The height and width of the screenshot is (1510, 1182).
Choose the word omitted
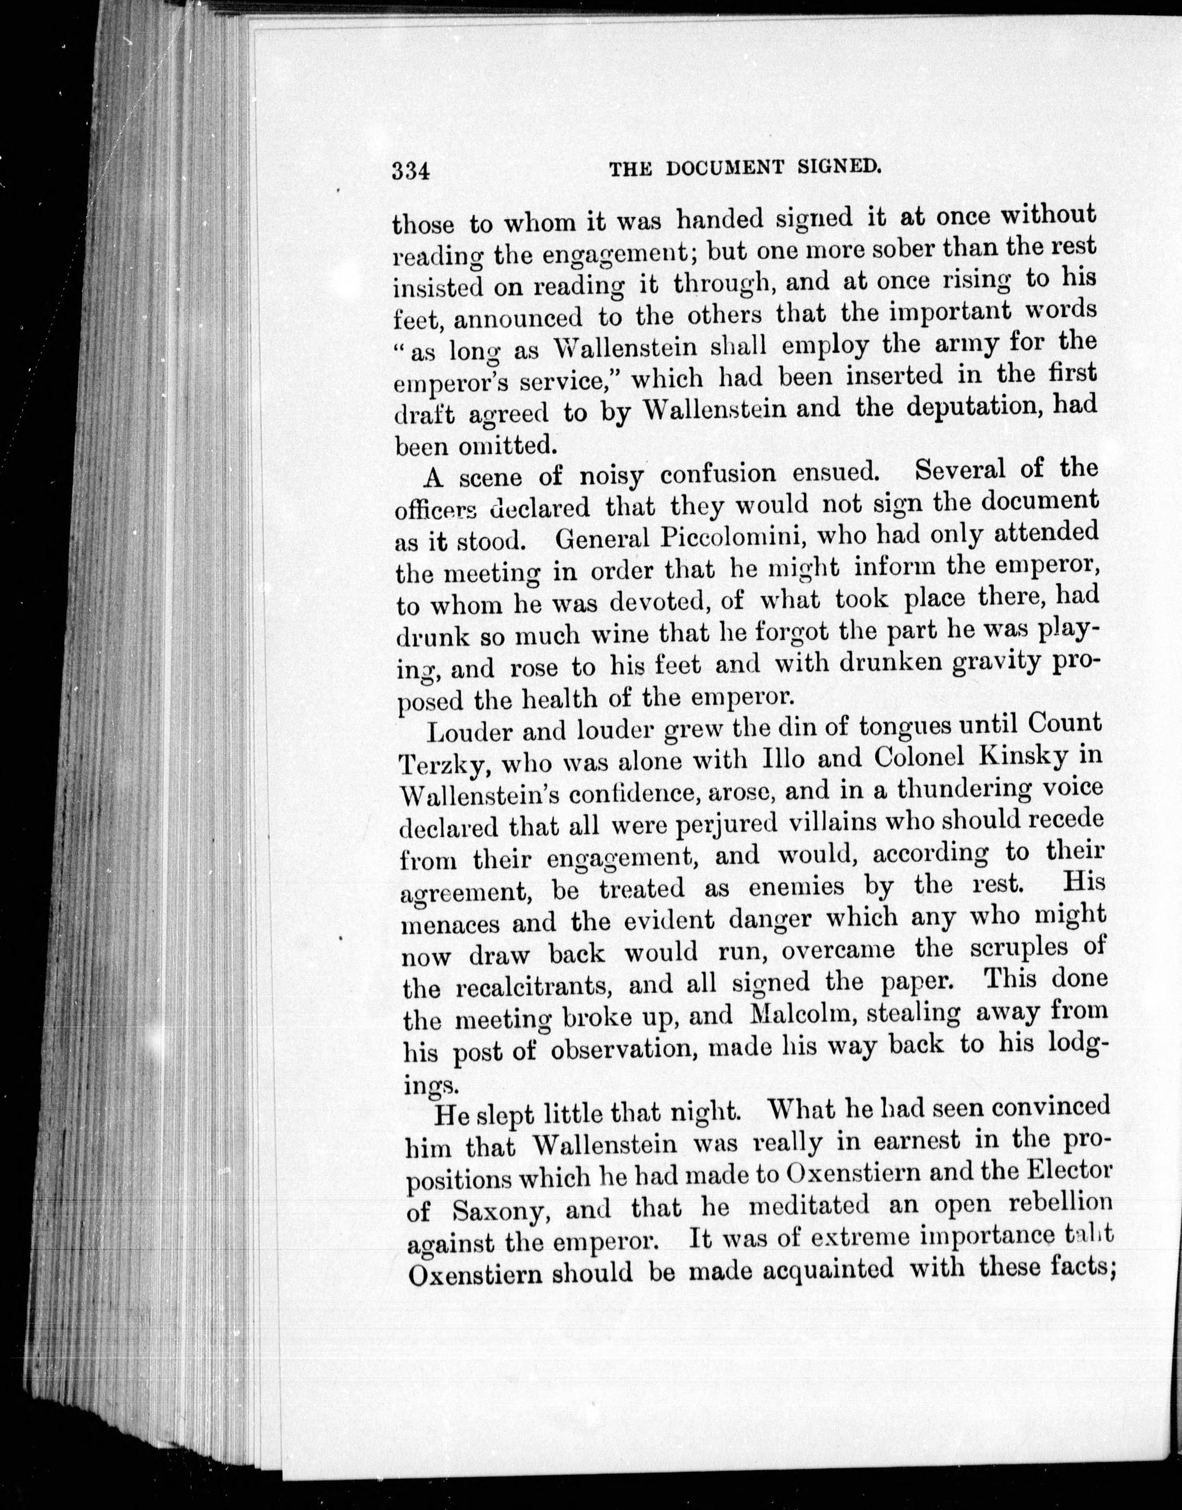[506, 445]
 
